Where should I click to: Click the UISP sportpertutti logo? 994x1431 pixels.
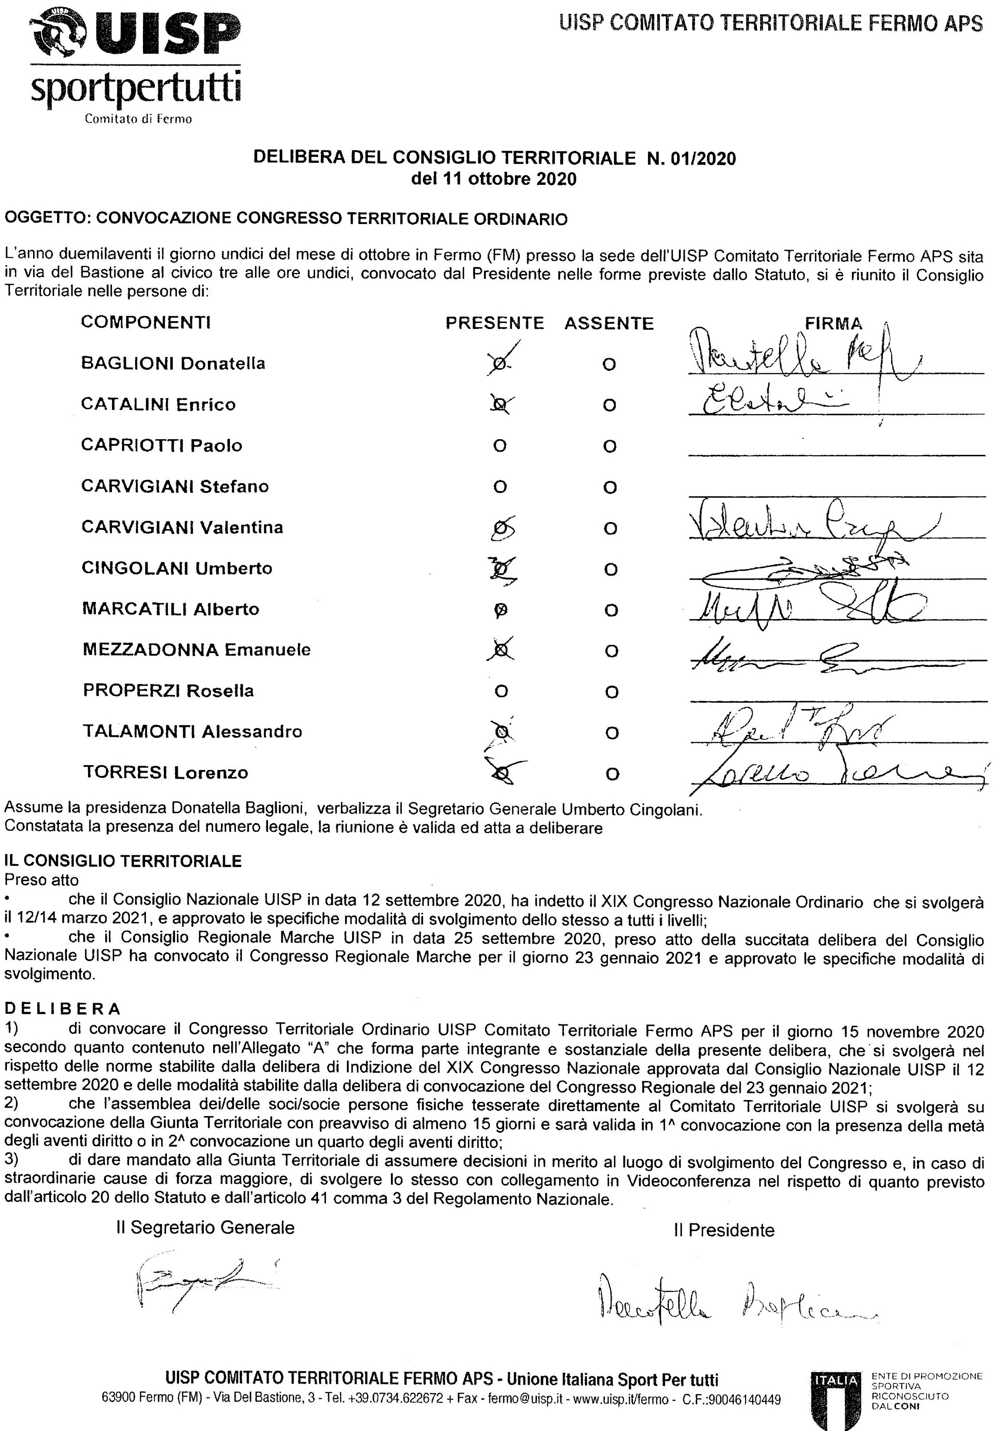(x=136, y=62)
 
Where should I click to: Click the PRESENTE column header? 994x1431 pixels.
(x=495, y=323)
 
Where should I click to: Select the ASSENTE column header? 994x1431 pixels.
(x=609, y=323)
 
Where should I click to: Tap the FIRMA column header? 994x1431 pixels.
(x=833, y=323)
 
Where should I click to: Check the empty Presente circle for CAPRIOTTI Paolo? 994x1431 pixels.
(x=499, y=446)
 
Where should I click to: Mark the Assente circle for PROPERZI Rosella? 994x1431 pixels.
(x=611, y=692)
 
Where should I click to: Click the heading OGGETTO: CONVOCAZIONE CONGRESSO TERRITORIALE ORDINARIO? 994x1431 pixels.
(x=286, y=219)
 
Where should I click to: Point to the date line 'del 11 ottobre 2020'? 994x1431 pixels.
(x=494, y=180)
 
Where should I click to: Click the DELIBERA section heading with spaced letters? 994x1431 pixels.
(x=62, y=1008)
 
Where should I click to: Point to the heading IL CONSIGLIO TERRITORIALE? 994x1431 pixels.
(x=123, y=861)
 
